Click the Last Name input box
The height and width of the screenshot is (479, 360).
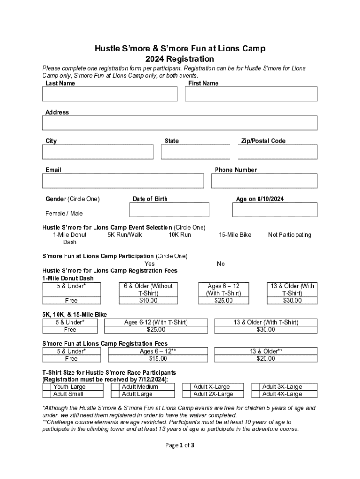click(109, 94)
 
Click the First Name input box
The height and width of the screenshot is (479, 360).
click(251, 94)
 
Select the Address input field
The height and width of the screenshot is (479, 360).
click(180, 123)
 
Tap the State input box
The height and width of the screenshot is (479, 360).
click(195, 152)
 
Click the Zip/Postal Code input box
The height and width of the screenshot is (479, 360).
click(278, 152)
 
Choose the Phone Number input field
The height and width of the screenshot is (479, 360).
click(265, 181)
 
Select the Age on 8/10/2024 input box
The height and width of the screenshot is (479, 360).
click(275, 210)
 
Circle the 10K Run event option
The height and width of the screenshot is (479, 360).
click(180, 235)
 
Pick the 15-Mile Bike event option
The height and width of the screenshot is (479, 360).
click(235, 235)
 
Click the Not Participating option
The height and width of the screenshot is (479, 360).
click(289, 235)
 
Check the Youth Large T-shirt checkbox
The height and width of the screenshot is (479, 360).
click(47, 387)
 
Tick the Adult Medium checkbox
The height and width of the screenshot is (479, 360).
click(115, 387)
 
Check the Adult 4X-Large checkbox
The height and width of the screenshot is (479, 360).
click(255, 394)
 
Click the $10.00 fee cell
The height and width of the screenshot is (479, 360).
click(148, 301)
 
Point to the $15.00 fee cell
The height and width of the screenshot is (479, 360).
click(158, 359)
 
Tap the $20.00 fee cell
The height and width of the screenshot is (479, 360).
click(266, 359)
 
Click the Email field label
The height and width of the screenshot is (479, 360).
click(53, 170)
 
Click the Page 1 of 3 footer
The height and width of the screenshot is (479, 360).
click(180, 445)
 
